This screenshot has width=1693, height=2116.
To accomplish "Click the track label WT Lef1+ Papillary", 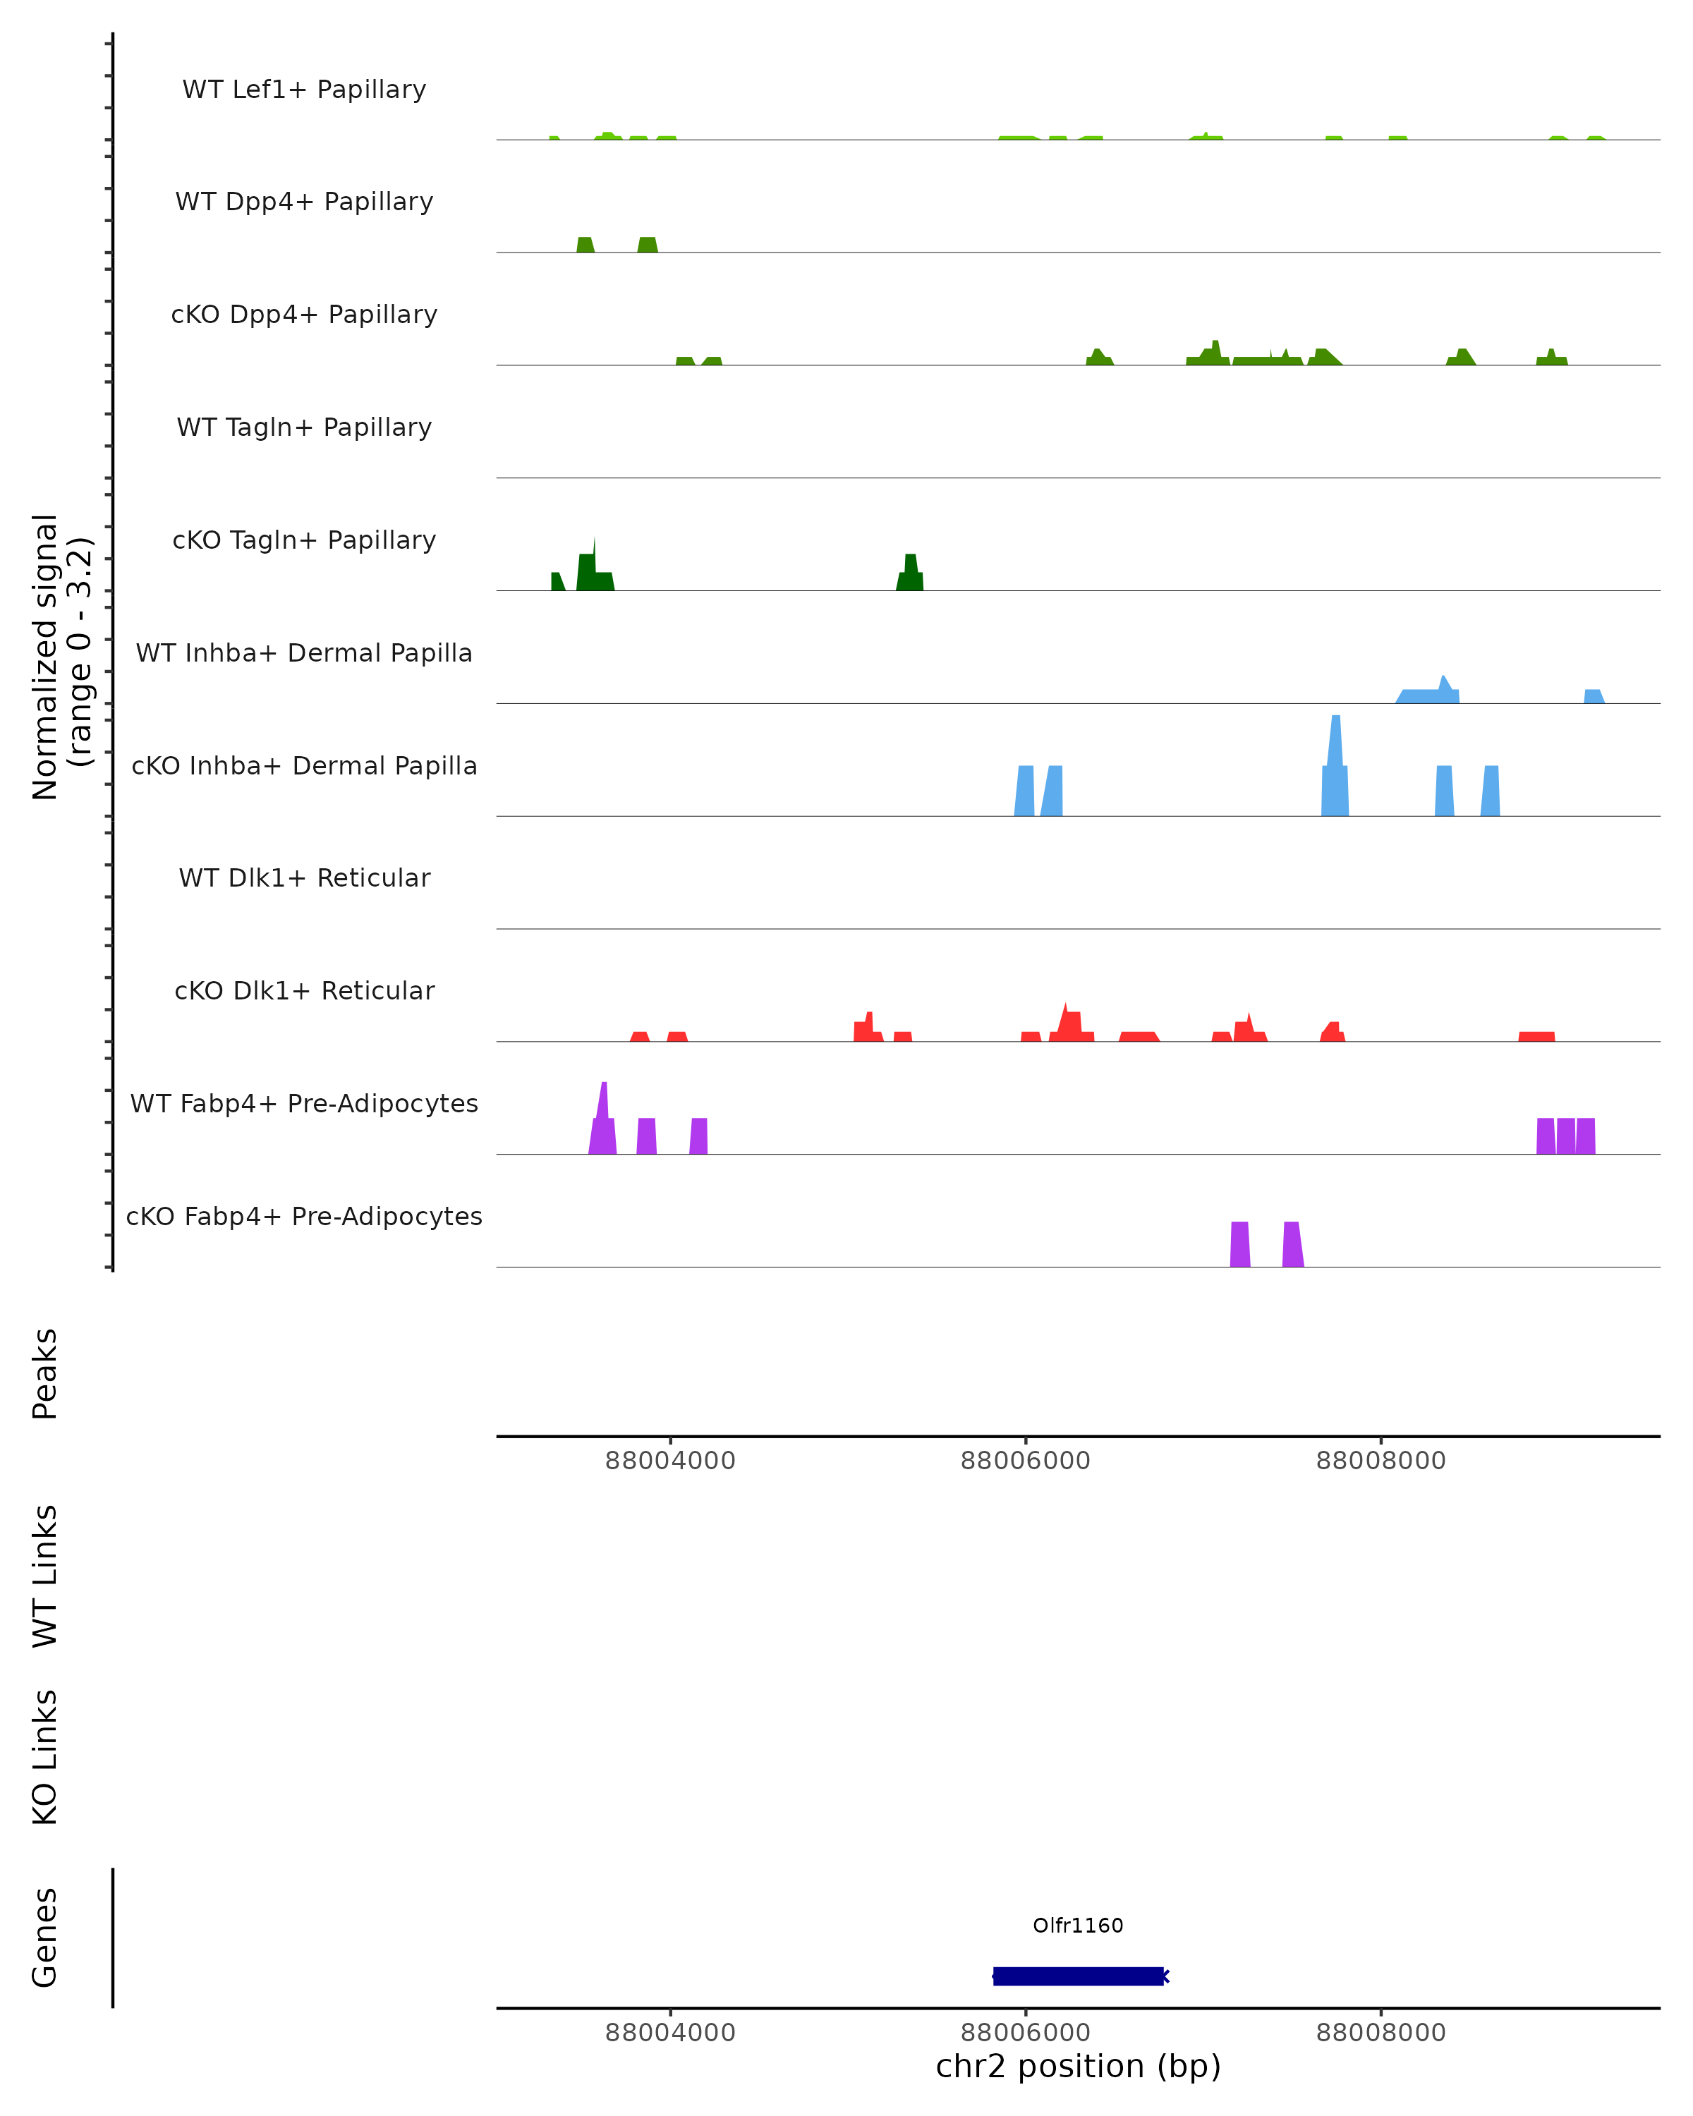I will (x=304, y=90).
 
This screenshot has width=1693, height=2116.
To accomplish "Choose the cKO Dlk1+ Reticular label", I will (x=304, y=990).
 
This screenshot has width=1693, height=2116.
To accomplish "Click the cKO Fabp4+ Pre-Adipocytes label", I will (x=304, y=1216).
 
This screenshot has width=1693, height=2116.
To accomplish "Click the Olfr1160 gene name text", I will (x=1078, y=1925).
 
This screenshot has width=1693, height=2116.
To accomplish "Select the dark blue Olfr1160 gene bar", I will (x=1078, y=1976).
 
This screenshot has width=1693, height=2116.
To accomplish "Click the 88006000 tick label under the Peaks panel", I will (x=1026, y=1461).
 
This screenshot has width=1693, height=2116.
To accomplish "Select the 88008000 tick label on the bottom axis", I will (x=1381, y=2033).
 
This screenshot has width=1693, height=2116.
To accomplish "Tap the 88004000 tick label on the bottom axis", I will (x=670, y=2033).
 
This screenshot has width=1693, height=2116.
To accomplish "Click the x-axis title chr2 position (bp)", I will (x=1078, y=2066).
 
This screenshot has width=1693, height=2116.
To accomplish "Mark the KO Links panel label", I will (x=45, y=1757).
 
